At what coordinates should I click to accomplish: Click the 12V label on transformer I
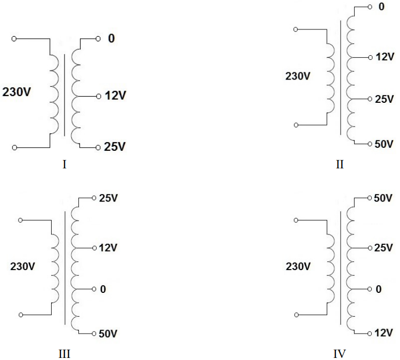click(x=115, y=96)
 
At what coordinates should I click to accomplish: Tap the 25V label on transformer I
click(x=115, y=147)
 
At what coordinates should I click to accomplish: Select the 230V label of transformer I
click(x=17, y=92)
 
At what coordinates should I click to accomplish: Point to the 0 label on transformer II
click(x=381, y=7)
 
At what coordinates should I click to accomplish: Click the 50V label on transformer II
click(x=384, y=144)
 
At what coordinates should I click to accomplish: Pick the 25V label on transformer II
click(x=384, y=99)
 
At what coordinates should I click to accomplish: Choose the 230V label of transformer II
click(x=298, y=76)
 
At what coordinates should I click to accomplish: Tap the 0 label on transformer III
click(x=103, y=289)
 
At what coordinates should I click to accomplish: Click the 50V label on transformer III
click(x=108, y=334)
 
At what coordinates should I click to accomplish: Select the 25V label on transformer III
click(x=108, y=198)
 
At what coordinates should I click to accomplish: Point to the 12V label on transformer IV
click(x=383, y=333)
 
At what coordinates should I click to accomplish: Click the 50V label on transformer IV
click(x=383, y=198)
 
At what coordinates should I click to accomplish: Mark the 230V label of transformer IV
click(x=298, y=267)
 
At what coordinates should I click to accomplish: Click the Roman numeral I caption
click(x=65, y=165)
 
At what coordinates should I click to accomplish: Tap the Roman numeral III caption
click(x=65, y=354)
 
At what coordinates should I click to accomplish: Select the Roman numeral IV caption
click(x=340, y=354)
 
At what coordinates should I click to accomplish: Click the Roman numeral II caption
click(x=340, y=165)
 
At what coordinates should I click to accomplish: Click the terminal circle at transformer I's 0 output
click(x=98, y=39)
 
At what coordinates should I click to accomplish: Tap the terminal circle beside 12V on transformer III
click(x=94, y=248)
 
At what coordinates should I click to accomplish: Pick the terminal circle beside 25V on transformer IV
click(x=370, y=248)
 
